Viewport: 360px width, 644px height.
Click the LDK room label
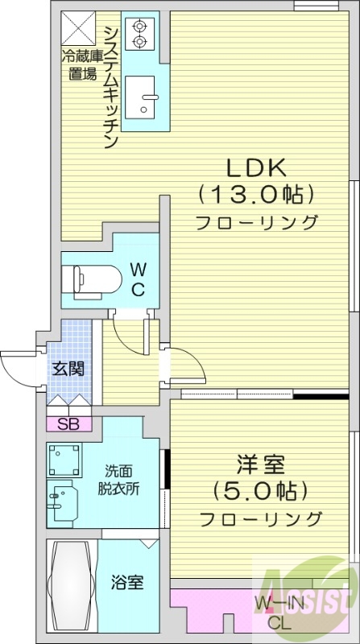click(255, 167)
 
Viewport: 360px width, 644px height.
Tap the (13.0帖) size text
click(255, 194)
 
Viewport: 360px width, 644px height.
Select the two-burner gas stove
click(139, 31)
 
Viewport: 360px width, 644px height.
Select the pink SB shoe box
click(68, 424)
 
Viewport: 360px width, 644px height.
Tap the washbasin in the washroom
click(63, 503)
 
